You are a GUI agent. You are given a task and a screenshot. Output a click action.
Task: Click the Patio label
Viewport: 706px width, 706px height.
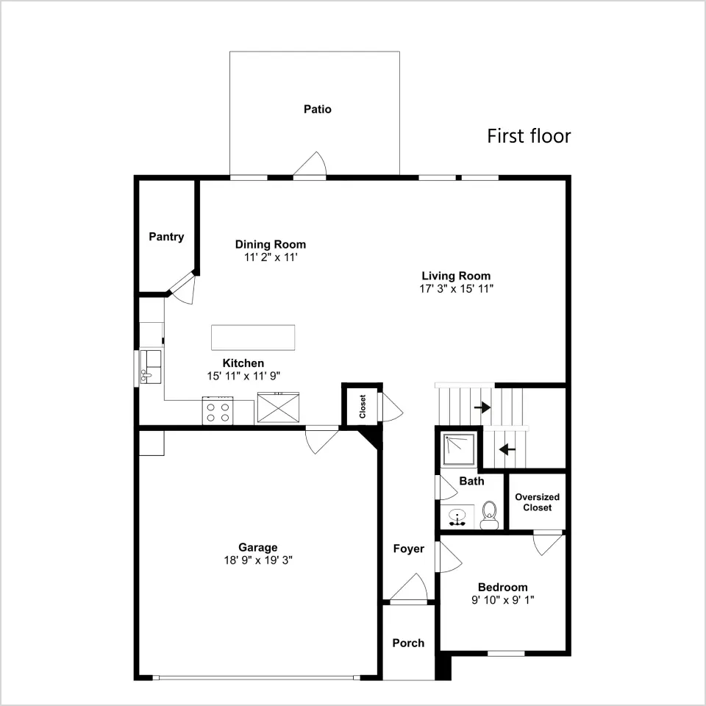tap(318, 110)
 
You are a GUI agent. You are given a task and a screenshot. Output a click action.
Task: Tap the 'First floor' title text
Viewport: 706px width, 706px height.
tap(529, 136)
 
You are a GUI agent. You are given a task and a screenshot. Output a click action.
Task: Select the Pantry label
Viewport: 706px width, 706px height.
tap(167, 237)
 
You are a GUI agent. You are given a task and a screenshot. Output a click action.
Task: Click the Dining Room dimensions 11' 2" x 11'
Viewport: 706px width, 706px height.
tap(271, 257)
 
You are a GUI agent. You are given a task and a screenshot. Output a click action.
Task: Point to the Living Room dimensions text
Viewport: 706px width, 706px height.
tap(457, 289)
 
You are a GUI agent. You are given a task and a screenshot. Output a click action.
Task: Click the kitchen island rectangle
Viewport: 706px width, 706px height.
tap(253, 338)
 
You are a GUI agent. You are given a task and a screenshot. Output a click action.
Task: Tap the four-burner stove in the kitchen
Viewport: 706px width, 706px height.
tap(218, 410)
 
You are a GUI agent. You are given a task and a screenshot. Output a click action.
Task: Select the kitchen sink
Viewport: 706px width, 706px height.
tap(150, 367)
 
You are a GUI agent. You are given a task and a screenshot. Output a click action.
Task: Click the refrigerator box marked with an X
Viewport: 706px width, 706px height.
tap(278, 407)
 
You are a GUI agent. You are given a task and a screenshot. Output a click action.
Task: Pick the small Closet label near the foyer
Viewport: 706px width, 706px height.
tap(363, 407)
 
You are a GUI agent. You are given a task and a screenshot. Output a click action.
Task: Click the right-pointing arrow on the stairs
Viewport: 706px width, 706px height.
tap(482, 407)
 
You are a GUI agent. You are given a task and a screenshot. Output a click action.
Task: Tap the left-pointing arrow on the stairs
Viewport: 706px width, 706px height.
tap(507, 449)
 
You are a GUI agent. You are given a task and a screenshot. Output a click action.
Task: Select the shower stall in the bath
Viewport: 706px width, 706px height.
tap(459, 449)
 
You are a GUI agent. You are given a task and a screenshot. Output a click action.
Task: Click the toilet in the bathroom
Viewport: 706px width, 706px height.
tap(488, 515)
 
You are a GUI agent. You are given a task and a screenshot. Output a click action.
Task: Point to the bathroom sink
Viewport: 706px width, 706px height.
tap(457, 516)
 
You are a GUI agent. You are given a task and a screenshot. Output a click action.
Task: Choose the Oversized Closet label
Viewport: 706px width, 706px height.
tap(537, 502)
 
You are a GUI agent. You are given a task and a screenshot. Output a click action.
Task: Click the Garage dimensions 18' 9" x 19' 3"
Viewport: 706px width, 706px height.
tap(258, 560)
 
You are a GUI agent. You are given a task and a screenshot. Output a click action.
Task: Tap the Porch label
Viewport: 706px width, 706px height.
tap(408, 643)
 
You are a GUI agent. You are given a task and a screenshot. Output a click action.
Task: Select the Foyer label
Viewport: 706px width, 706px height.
tap(409, 549)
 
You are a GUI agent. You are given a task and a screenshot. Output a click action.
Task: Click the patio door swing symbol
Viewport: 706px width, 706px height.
tap(310, 163)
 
